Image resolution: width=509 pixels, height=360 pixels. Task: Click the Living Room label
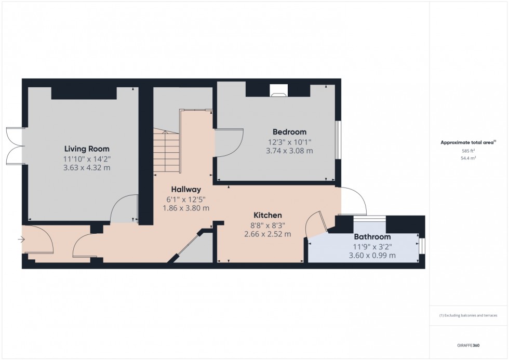[x=87, y=149]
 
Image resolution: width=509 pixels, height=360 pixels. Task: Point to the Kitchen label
[x=267, y=215]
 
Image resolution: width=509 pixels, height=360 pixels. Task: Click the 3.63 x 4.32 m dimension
[x=87, y=168]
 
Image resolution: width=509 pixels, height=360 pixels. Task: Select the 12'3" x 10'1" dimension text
[x=289, y=142]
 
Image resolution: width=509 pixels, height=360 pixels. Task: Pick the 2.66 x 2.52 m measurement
[x=267, y=234]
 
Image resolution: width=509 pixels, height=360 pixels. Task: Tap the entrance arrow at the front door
[x=21, y=239]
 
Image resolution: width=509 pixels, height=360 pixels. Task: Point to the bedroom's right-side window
[x=338, y=139]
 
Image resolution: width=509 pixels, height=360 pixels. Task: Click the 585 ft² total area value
[x=468, y=151]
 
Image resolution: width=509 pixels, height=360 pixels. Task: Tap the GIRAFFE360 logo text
[x=468, y=344]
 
